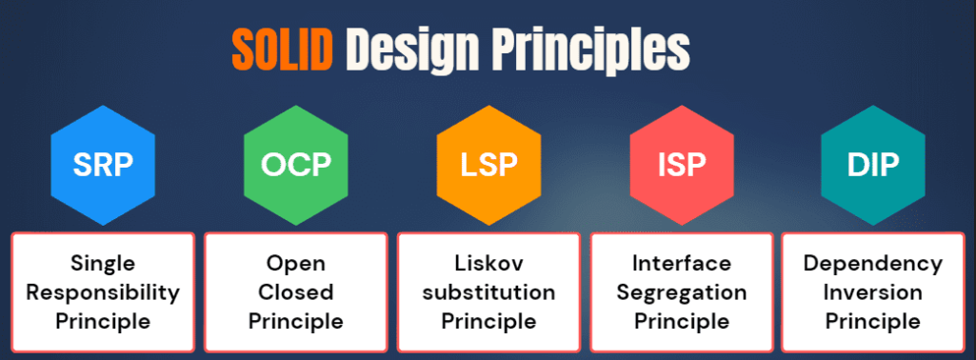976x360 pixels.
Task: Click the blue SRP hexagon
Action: coord(103,165)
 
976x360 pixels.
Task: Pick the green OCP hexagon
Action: coord(296,165)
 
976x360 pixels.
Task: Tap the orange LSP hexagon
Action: coord(488,165)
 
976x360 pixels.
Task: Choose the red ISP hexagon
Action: coord(682,165)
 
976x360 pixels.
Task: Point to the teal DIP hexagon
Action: coord(872,165)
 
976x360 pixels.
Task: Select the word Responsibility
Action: coord(103,293)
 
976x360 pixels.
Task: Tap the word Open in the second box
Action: coord(296,265)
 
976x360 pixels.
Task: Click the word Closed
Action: coord(296,292)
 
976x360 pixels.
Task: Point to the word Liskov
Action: coord(488,263)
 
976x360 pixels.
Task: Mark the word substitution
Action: coord(488,292)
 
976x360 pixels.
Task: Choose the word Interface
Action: coord(682,263)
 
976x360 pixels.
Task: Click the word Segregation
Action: coord(682,293)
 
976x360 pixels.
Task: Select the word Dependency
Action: coord(872,265)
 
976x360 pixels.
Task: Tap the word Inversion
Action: coord(872,292)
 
